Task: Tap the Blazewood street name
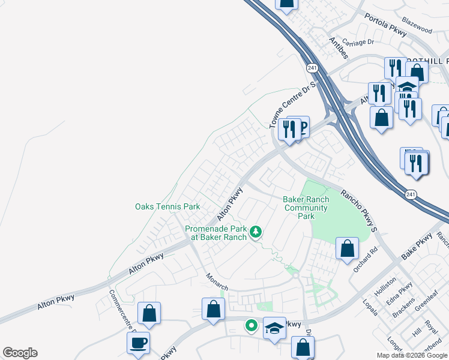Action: click(x=417, y=29)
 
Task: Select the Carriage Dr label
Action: click(x=358, y=43)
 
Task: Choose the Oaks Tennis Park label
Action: click(x=167, y=207)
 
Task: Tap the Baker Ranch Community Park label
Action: click(x=306, y=208)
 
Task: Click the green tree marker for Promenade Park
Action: click(x=256, y=231)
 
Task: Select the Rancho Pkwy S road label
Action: click(x=359, y=211)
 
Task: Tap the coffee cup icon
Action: click(x=138, y=343)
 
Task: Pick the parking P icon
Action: click(x=302, y=127)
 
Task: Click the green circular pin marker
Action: click(x=252, y=326)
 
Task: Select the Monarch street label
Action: click(x=217, y=283)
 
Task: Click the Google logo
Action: click(x=20, y=353)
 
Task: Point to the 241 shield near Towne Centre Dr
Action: click(x=312, y=68)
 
